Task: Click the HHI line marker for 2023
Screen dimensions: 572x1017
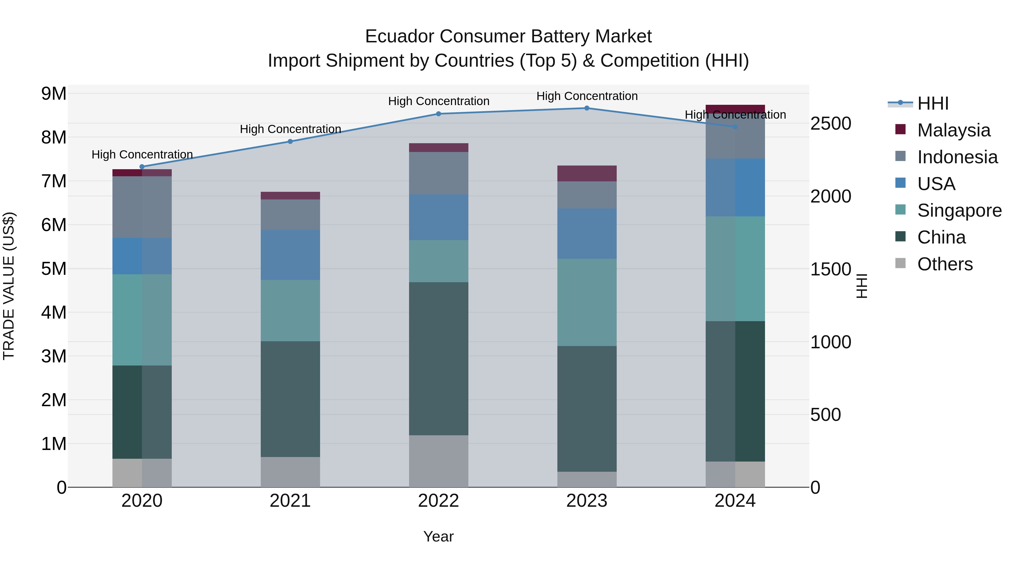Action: coord(587,108)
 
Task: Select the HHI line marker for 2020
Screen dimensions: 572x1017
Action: coord(142,167)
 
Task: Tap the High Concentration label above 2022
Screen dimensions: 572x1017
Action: coord(439,101)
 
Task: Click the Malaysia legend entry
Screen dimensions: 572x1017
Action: coord(953,130)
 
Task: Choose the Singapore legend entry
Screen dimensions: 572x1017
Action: coord(959,210)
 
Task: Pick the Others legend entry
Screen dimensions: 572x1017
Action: coord(945,264)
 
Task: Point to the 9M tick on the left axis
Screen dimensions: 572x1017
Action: coord(54,94)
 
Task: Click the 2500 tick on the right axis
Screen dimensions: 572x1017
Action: coord(831,123)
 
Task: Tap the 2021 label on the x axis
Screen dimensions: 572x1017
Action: coord(290,501)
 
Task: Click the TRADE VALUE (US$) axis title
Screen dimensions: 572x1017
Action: coord(9,286)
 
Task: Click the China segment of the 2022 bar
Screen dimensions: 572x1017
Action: coord(439,358)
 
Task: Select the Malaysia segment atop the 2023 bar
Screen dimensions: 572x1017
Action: coord(587,173)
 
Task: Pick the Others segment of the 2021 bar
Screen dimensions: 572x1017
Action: coord(290,472)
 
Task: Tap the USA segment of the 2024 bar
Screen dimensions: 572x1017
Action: coord(735,188)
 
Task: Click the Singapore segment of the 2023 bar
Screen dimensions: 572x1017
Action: coord(587,302)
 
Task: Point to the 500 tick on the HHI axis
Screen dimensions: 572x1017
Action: coord(825,415)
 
